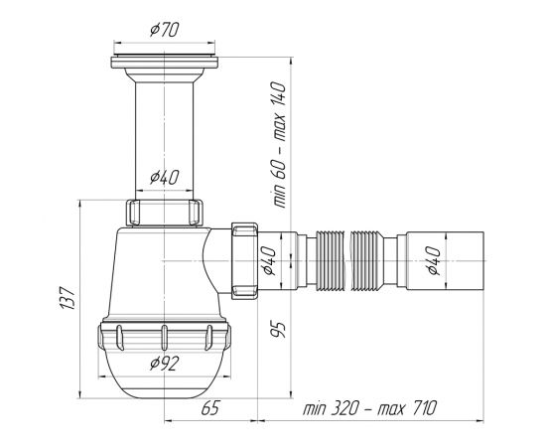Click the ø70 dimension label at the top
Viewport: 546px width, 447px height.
point(165,30)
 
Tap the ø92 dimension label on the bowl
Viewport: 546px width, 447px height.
point(165,364)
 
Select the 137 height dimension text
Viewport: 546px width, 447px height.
point(68,298)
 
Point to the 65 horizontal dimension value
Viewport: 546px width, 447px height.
point(211,407)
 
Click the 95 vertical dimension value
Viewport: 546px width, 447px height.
point(278,329)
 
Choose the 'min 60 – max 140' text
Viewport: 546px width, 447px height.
point(279,145)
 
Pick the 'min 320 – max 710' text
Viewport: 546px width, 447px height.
point(369,407)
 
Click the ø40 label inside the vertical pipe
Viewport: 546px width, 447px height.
point(165,177)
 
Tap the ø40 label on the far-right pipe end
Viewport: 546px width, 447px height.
point(433,260)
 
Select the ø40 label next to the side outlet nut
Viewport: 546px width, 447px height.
point(269,260)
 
